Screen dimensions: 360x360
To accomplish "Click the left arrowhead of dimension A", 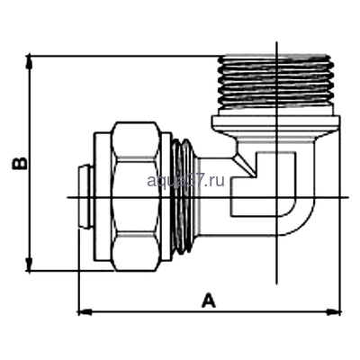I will coord(84,311).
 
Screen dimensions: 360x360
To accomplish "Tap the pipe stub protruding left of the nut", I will coord(83,194).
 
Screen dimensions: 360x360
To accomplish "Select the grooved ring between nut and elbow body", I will coord(182,193).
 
